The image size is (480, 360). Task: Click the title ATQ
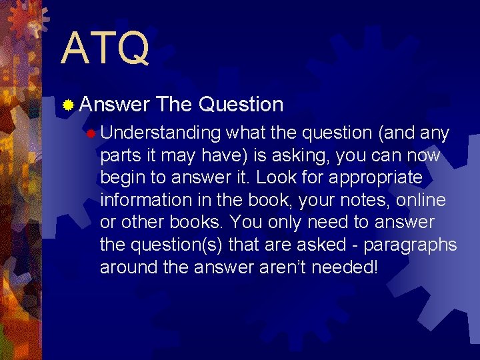(105, 48)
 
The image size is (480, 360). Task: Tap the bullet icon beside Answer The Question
(67, 105)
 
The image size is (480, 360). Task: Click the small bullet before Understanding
(90, 133)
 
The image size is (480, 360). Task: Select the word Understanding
(160, 134)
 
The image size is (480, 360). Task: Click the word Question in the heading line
(241, 104)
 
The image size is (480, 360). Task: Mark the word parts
(119, 156)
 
